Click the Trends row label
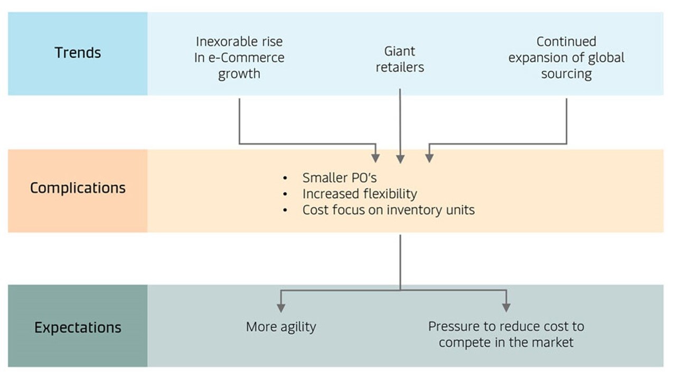pyautogui.click(x=78, y=53)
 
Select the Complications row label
pyautogui.click(x=78, y=188)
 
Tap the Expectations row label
pyautogui.click(x=78, y=327)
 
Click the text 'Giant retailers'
pyautogui.click(x=400, y=59)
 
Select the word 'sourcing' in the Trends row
pyautogui.click(x=566, y=73)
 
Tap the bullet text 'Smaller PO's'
pyautogui.click(x=339, y=178)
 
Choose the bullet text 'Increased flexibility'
pyautogui.click(x=360, y=194)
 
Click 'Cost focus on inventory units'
pyautogui.click(x=388, y=210)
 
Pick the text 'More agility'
pyautogui.click(x=281, y=327)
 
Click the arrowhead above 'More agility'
pyautogui.click(x=281, y=307)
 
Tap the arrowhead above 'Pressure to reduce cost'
pyautogui.click(x=506, y=307)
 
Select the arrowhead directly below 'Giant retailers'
pyautogui.click(x=400, y=158)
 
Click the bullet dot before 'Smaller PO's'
pyautogui.click(x=286, y=178)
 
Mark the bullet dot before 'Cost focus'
pyautogui.click(x=286, y=211)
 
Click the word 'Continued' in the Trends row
pyautogui.click(x=566, y=42)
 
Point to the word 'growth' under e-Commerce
pyautogui.click(x=239, y=73)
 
